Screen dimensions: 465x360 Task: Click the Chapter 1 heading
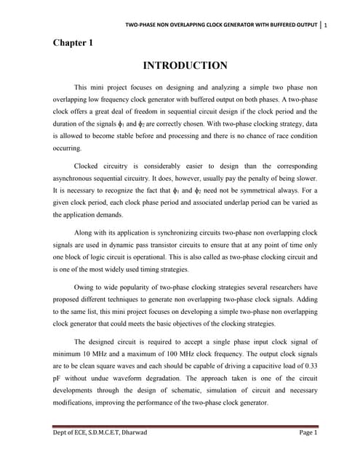(73, 43)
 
